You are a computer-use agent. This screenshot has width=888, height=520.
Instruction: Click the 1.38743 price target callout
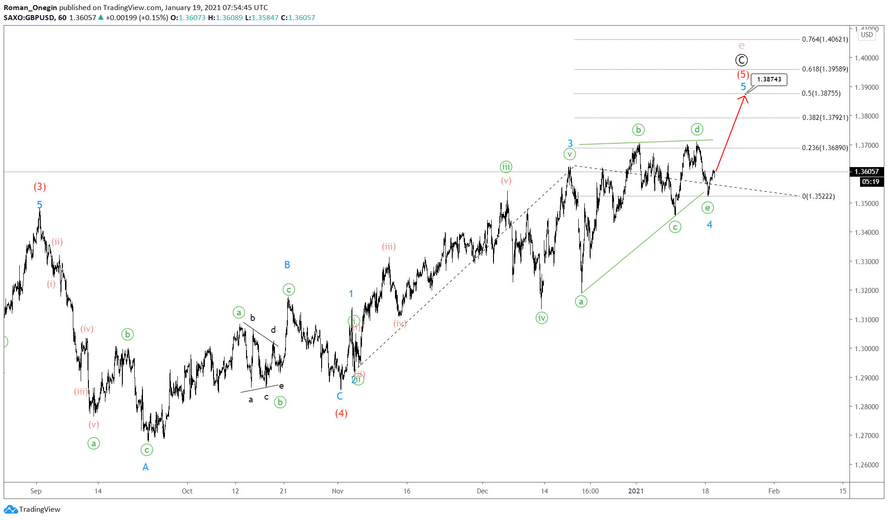[x=769, y=80]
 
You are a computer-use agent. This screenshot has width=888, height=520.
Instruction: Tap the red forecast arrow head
[x=745, y=97]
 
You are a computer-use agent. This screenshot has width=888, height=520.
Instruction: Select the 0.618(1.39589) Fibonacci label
[x=825, y=69]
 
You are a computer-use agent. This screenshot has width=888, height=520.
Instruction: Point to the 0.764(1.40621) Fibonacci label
[x=825, y=39]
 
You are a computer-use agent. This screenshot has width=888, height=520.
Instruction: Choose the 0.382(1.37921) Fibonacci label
[x=825, y=118]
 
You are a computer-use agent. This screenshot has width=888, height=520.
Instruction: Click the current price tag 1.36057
[x=866, y=172]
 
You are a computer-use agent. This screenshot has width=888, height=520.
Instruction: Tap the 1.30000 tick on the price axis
[x=866, y=349]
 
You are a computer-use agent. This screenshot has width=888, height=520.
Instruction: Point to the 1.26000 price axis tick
[x=866, y=465]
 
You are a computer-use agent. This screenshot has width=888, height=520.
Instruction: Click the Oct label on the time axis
[x=187, y=491]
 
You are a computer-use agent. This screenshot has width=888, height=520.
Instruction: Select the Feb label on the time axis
[x=774, y=491]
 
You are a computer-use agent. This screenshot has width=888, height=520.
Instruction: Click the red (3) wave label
[x=40, y=187]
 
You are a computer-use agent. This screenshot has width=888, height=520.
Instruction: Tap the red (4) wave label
[x=341, y=413]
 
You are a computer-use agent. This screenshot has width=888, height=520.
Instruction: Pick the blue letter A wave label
[x=145, y=467]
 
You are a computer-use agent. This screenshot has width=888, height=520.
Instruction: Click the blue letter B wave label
[x=287, y=265]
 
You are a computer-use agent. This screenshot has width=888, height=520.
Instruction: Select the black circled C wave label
[x=741, y=60]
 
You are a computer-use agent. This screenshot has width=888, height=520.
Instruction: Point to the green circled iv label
[x=542, y=318]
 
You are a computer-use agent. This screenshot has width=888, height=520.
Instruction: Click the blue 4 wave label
[x=709, y=224]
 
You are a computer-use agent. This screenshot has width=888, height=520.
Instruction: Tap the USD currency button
[x=866, y=35]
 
